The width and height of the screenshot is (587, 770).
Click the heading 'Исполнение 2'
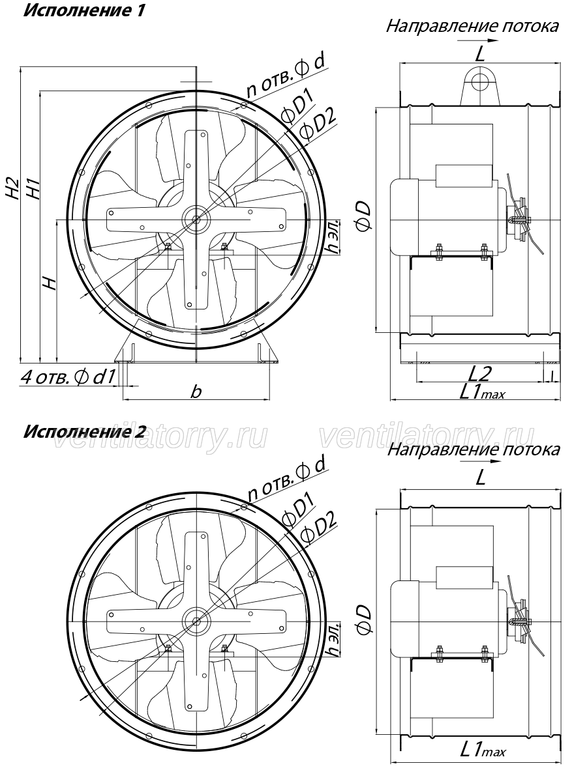click(x=85, y=432)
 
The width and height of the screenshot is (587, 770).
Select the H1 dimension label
click(x=33, y=188)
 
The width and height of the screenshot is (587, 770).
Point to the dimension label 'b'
click(x=196, y=392)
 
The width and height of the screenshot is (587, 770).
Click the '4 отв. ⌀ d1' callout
click(x=68, y=377)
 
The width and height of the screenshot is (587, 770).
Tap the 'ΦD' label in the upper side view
click(x=364, y=217)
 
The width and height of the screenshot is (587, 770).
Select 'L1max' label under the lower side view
click(x=482, y=750)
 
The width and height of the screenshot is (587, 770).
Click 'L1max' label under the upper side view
click(x=482, y=392)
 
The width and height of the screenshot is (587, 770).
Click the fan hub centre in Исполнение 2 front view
click(x=196, y=621)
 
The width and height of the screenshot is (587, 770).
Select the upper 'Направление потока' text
click(x=472, y=26)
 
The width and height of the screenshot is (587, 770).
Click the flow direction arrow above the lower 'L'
click(x=480, y=462)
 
